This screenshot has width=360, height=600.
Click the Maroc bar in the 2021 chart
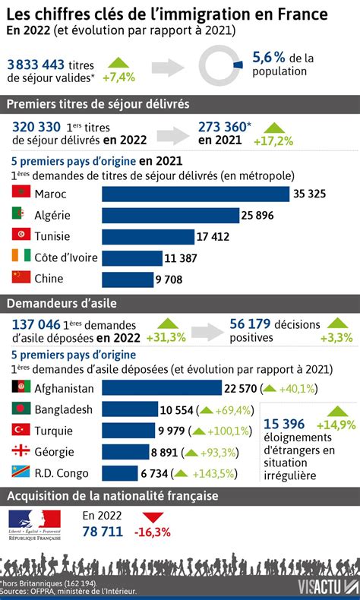[195, 194]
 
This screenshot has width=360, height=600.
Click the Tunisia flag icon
[21, 236]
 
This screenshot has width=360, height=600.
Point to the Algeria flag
[21, 215]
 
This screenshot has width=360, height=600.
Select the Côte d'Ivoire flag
[21, 257]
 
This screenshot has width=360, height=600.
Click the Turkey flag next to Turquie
[21, 430]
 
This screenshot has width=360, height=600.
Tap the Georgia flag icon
[21, 451]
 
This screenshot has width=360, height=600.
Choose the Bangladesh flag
[21, 409]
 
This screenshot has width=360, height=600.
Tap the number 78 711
[102, 532]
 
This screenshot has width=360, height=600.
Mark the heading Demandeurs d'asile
[62, 304]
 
